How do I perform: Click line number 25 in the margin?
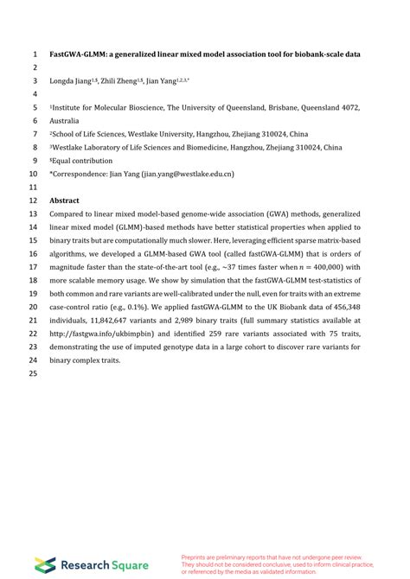pos(33,373)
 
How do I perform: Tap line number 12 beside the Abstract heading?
pos(33,200)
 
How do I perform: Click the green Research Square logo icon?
pos(45,564)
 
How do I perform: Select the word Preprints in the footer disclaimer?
pos(194,557)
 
